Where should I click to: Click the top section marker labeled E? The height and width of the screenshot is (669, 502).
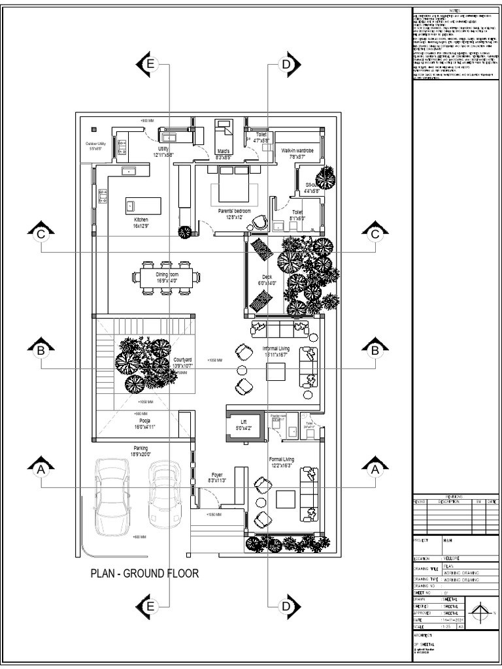pos(150,64)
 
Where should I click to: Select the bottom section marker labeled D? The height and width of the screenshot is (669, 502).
pos(286,606)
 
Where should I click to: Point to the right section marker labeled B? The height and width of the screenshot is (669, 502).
pos(375,351)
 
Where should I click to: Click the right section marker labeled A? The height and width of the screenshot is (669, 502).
pos(375,468)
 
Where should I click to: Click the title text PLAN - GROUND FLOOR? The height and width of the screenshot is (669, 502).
pos(144,574)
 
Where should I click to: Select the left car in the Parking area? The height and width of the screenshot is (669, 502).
pos(112,495)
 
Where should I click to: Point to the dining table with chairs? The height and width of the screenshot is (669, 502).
pos(166,278)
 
